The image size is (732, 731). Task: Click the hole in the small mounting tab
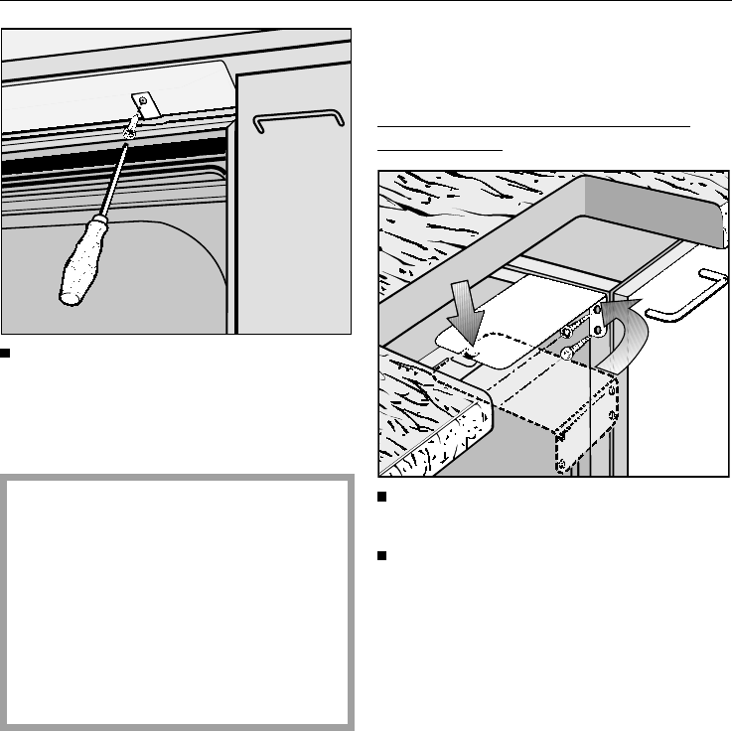pos(144,99)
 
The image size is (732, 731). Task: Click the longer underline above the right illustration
pos(533,127)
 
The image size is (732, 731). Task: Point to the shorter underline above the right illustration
pos(440,149)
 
